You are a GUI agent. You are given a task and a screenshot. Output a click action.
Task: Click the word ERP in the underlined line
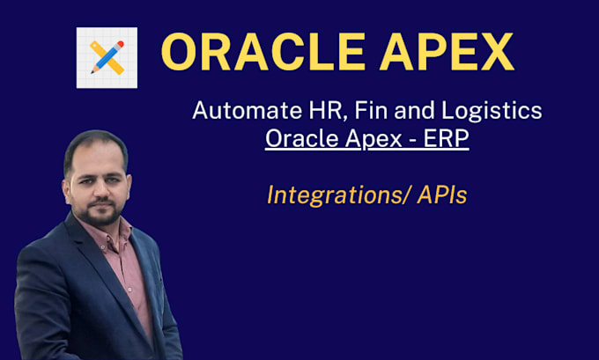(x=447, y=140)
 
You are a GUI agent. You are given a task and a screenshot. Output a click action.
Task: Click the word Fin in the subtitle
(x=336, y=112)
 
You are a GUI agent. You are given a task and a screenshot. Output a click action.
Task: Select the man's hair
(x=92, y=142)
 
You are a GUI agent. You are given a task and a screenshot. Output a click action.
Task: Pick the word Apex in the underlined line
(x=369, y=141)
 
